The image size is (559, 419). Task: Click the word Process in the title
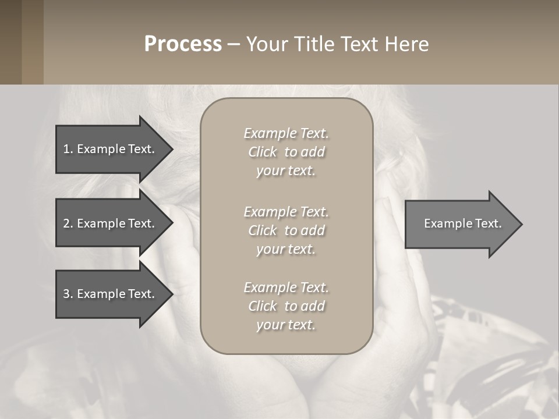tap(183, 44)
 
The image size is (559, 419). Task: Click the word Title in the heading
tap(314, 44)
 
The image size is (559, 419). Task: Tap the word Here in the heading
tap(407, 44)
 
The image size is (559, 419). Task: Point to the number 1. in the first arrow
tap(68, 149)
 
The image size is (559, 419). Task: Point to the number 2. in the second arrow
tap(68, 223)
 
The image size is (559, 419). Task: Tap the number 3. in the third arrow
tap(68, 294)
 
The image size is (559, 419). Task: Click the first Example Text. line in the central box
tap(286, 133)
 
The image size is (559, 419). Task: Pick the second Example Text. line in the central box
tap(286, 212)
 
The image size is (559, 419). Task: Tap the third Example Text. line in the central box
tap(286, 287)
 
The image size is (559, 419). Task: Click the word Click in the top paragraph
tap(263, 152)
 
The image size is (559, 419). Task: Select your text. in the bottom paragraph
tap(286, 325)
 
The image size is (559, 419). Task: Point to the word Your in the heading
tap(267, 44)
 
